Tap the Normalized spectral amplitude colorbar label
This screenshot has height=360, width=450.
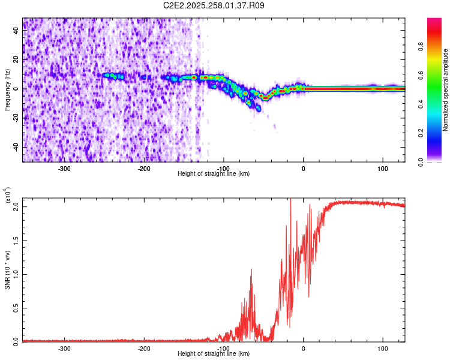(446, 90)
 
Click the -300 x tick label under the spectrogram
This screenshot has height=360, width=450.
(65, 169)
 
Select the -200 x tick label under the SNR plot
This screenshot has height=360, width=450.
(144, 348)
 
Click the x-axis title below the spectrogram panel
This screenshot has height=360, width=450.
(214, 174)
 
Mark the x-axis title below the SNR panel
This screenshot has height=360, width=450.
(214, 354)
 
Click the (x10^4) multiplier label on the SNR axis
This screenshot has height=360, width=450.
(8, 196)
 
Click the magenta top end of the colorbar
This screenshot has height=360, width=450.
(434, 21)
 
